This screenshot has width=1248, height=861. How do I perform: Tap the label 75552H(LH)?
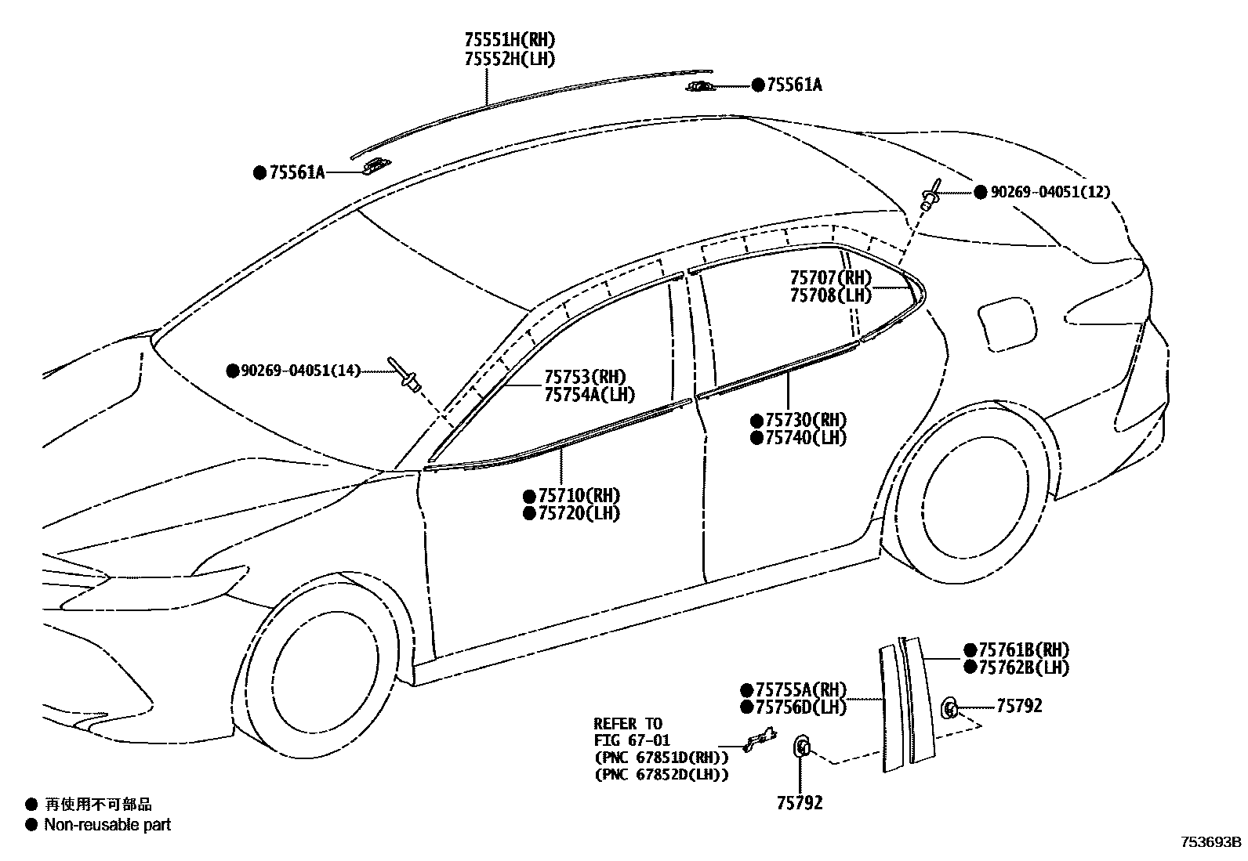[510, 59]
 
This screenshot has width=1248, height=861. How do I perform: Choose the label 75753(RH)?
[585, 377]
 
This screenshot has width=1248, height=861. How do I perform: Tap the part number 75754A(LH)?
[590, 396]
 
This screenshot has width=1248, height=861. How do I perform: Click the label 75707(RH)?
[830, 277]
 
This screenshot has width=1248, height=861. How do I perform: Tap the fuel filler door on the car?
[1007, 324]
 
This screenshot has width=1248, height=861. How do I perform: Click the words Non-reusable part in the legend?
[107, 824]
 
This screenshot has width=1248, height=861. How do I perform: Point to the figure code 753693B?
[1211, 843]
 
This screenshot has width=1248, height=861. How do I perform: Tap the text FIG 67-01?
[632, 740]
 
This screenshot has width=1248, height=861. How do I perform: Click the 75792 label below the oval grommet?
[800, 803]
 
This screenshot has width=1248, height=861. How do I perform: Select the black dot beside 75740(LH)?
[756, 438]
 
